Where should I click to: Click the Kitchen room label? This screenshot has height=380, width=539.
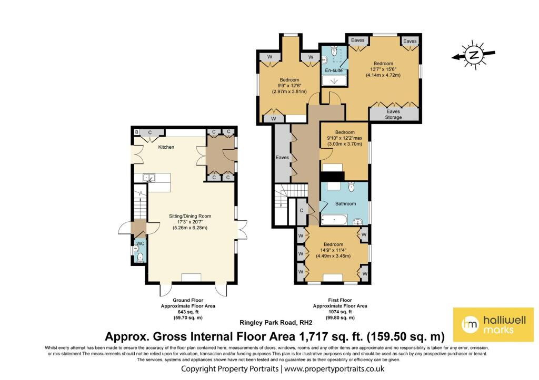(x=166, y=147)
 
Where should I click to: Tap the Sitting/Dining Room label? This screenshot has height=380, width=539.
(x=190, y=216)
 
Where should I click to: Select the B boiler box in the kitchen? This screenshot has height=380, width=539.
(x=136, y=132)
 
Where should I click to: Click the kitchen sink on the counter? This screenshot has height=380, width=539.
(x=149, y=178)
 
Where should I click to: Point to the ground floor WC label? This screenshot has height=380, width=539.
(x=140, y=243)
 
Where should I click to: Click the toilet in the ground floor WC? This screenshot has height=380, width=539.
(x=140, y=257)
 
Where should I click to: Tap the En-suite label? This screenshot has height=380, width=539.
(x=334, y=70)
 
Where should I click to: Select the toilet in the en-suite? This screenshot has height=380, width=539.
(x=334, y=52)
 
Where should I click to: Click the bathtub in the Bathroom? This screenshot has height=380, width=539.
(x=334, y=219)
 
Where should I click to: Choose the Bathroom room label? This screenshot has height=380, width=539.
(x=345, y=203)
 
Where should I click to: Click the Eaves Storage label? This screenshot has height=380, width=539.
(x=393, y=114)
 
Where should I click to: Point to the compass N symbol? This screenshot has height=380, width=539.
(x=474, y=55)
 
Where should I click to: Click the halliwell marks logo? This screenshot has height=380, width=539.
(x=493, y=324)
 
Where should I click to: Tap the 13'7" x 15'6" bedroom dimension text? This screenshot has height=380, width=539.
(x=383, y=69)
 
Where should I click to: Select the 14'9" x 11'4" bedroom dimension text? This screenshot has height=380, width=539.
(x=333, y=250)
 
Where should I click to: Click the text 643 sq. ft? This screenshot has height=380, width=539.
(x=188, y=312)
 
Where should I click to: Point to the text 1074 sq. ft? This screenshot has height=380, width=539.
(x=340, y=312)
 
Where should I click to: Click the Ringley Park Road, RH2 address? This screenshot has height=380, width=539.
(x=276, y=322)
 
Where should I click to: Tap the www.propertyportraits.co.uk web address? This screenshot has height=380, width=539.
(x=334, y=369)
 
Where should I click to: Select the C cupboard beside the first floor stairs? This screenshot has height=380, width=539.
(x=302, y=210)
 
